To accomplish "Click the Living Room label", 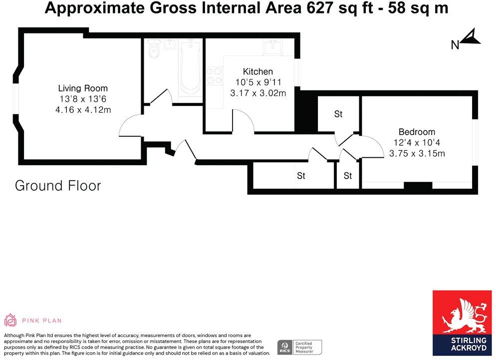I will (x=83, y=88).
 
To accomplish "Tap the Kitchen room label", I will (x=258, y=71).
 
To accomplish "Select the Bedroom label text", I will (x=417, y=132).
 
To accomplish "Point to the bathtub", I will (x=190, y=70).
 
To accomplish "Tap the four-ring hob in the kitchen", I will (x=215, y=75).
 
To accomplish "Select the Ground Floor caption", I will (x=58, y=186).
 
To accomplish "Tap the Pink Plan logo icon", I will (x=10, y=320).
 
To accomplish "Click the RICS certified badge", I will (x=300, y=347).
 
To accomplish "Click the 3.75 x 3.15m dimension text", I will (x=417, y=153).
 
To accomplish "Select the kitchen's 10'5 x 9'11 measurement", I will (x=258, y=82).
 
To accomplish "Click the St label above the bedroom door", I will (x=338, y=114).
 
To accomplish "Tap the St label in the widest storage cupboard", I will (x=301, y=176).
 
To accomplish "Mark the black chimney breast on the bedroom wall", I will (x=418, y=186).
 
